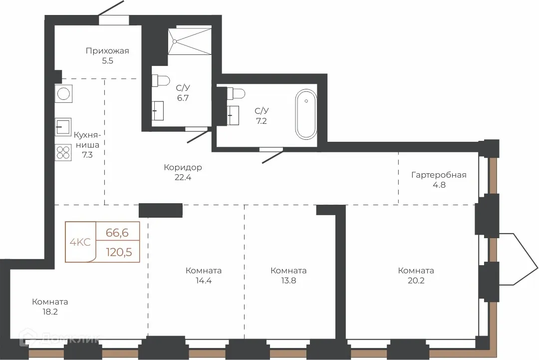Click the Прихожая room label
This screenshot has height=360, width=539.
[x=107, y=51]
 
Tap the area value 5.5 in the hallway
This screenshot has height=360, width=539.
[x=107, y=61]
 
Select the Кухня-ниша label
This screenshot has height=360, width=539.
[x=87, y=140]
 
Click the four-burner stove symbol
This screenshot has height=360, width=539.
[x=63, y=152]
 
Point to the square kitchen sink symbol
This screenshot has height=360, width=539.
[x=63, y=127]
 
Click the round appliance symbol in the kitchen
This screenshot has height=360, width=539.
[x=63, y=93]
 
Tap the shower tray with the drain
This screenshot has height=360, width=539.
[x=190, y=41]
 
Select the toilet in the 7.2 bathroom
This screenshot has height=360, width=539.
[x=236, y=93]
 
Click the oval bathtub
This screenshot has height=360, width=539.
[x=306, y=114]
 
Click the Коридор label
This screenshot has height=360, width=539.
[x=183, y=167]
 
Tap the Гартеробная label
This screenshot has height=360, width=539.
[x=439, y=175]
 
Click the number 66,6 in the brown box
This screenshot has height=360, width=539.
[x=117, y=233]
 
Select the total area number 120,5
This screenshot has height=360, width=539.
[x=119, y=252]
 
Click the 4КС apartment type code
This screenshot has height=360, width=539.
[x=80, y=242]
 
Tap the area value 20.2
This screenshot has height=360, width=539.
[x=416, y=281]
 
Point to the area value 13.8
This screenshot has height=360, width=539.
[x=288, y=281]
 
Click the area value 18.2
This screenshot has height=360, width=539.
[x=49, y=312]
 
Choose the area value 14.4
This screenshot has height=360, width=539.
[x=204, y=281]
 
